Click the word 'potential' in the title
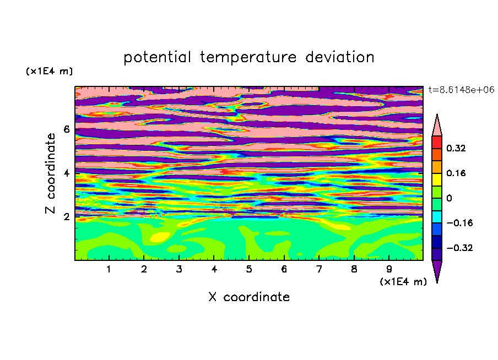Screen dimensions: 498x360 tap(157, 58)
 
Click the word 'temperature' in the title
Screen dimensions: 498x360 tap(248, 58)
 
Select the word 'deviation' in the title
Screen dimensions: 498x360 tap(340, 57)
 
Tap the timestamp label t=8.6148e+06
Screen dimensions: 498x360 tap(461, 90)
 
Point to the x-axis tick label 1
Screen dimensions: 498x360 tap(109, 269)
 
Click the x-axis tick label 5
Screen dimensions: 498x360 tap(249, 269)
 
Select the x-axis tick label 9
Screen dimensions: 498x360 tap(389, 269)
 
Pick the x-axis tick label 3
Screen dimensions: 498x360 tap(179, 269)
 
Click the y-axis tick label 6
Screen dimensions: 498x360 tap(66, 129)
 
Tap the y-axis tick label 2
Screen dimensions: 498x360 tap(66, 217)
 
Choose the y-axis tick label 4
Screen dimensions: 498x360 tap(66, 173)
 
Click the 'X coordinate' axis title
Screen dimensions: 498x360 tap(249, 297)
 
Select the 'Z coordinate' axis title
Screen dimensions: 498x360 tap(51, 173)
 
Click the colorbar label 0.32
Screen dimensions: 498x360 tap(456, 148)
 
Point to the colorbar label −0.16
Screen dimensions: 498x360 tap(459, 223)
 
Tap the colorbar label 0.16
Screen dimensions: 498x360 tap(456, 173)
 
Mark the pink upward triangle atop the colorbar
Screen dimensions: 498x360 tap(437, 125)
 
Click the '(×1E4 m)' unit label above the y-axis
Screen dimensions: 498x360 tap(49, 71)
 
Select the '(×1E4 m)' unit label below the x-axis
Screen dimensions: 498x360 tap(403, 282)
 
